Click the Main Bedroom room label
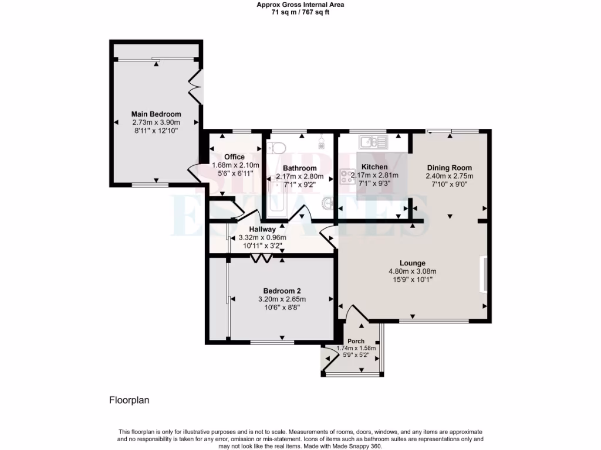156,114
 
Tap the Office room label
234,156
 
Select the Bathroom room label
300,168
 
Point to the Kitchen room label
374,167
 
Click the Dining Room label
449,168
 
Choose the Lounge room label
413,263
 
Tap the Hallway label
262,229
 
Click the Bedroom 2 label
282,291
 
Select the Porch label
356,341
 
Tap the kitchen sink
373,141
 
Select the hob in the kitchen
345,175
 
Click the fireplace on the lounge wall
483,274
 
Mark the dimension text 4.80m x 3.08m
413,271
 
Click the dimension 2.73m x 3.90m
156,122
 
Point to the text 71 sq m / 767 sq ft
300,12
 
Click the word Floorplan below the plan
130,401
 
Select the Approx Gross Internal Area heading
300,5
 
